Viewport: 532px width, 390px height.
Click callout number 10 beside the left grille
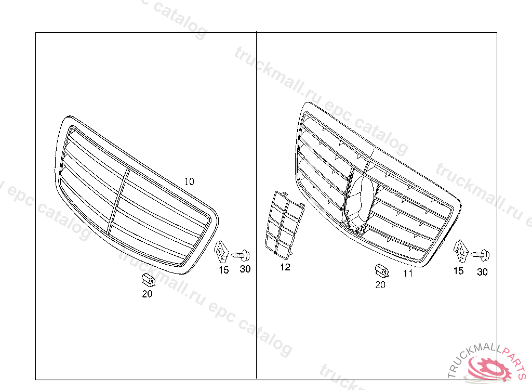tap(189, 182)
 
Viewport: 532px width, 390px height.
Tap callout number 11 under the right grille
tap(408, 273)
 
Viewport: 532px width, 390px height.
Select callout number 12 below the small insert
tap(285, 267)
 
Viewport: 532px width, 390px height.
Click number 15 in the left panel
tap(223, 270)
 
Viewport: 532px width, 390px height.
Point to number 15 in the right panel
tap(458, 271)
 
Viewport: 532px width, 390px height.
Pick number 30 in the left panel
tap(245, 269)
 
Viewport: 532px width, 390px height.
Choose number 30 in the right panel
tap(482, 272)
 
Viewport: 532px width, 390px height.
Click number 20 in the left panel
tap(147, 294)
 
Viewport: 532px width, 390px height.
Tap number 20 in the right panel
tap(380, 284)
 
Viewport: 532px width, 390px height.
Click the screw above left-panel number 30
tap(241, 255)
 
